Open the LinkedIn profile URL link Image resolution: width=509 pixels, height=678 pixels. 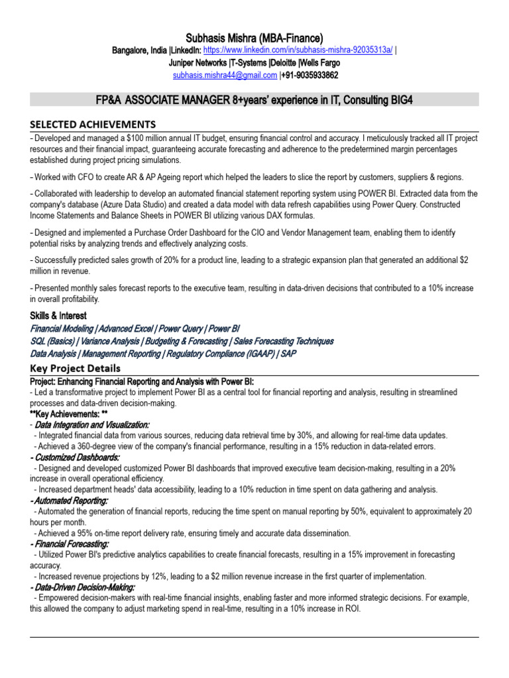click(298, 51)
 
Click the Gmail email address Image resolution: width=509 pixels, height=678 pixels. click(225, 75)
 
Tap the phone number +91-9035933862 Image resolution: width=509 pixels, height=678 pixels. click(310, 75)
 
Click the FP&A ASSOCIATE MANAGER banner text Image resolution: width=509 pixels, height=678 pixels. click(254, 100)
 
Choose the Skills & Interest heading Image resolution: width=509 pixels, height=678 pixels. click(58, 316)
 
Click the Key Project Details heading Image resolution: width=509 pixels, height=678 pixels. click(76, 368)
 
